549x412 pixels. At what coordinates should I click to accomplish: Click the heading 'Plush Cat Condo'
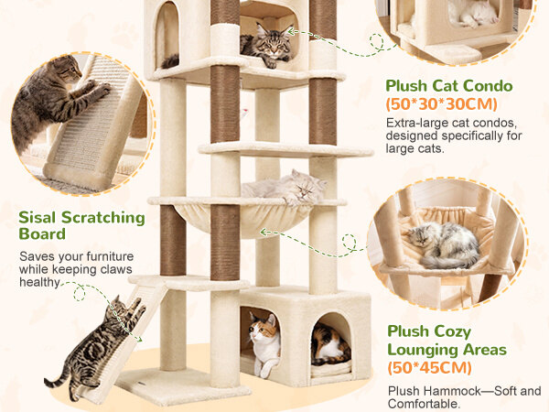point(449,86)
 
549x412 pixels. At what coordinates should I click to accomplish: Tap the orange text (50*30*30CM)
point(442,104)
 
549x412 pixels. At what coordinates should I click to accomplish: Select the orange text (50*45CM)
point(430,367)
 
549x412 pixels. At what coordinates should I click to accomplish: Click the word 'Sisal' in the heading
point(38,217)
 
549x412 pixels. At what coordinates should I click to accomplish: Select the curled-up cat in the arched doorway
point(330,345)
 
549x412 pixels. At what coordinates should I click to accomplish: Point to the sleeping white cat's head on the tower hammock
point(306,187)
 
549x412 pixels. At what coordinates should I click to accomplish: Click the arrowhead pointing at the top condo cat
point(291,32)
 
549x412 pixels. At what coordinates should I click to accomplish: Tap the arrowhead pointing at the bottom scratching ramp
point(139,339)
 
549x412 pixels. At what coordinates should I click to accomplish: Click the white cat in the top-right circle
point(473,14)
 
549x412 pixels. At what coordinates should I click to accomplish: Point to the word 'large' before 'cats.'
point(401,148)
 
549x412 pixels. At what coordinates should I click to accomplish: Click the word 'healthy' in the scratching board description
point(39,282)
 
